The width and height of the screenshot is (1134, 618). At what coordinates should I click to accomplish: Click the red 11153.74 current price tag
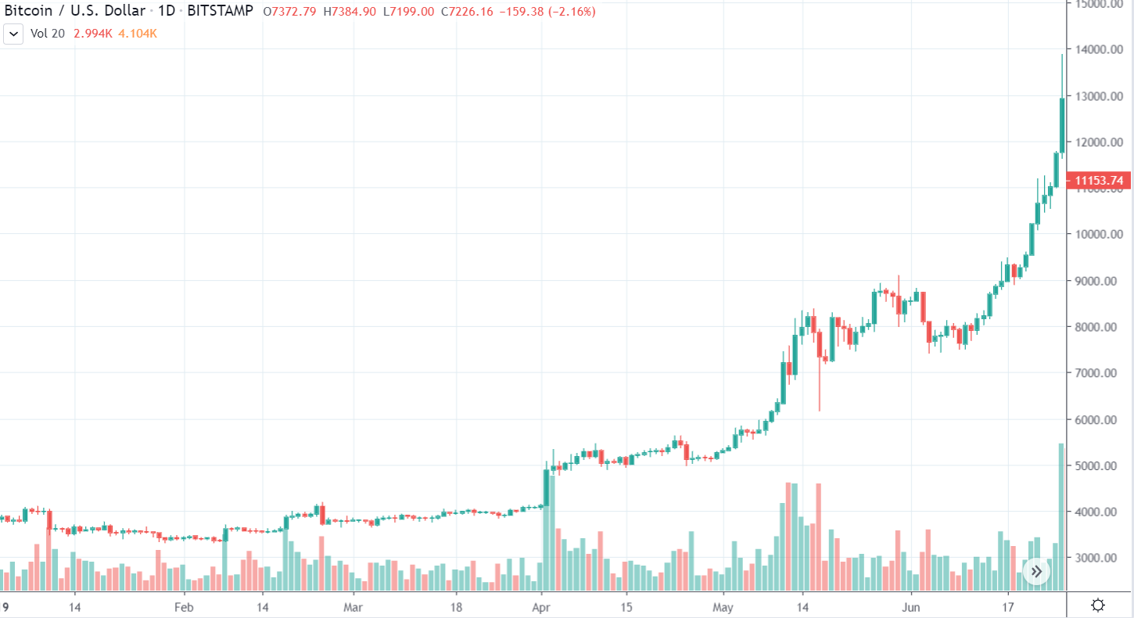click(1100, 181)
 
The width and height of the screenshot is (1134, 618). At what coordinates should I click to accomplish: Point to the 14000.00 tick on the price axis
click(1100, 50)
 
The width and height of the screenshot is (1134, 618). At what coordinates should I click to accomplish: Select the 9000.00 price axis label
click(1100, 281)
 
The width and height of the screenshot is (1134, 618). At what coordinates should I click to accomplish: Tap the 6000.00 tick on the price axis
click(1100, 420)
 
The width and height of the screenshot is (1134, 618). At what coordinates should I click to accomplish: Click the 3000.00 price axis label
click(1100, 559)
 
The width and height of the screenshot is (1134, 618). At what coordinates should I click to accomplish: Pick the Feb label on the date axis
click(184, 606)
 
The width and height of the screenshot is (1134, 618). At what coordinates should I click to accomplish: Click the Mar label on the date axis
click(353, 606)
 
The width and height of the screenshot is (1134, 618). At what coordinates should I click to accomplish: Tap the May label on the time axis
click(724, 606)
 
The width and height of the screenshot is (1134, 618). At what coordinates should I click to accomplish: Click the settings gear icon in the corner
click(1098, 605)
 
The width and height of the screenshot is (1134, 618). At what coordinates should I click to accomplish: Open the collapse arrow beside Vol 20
click(13, 34)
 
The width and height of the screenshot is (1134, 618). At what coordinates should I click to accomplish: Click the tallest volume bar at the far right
click(1061, 516)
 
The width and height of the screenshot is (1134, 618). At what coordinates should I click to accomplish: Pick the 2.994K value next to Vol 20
click(92, 34)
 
